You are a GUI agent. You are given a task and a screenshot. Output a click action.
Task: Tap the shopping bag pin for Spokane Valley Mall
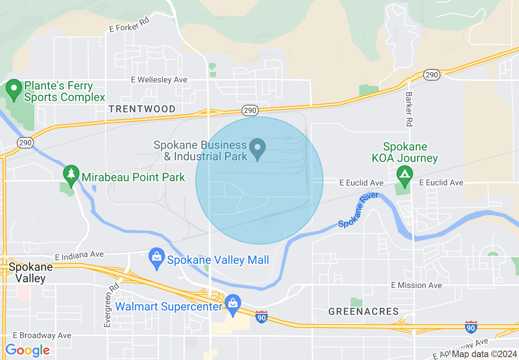pyautogui.click(x=156, y=258)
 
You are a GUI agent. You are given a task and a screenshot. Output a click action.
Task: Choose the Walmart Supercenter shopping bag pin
pyautogui.click(x=233, y=305)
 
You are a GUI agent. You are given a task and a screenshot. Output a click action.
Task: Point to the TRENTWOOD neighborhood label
pyautogui.click(x=142, y=109)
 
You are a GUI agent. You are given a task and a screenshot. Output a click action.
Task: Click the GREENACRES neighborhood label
pyautogui.click(x=363, y=311)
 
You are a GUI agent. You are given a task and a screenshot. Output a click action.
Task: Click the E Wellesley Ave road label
pyautogui.click(x=159, y=80)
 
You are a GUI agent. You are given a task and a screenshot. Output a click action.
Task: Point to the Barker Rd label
pyautogui.click(x=409, y=108)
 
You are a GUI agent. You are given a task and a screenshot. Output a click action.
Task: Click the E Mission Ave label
pyautogui.click(x=416, y=285)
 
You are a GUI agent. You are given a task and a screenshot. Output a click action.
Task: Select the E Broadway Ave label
pyautogui.click(x=42, y=335)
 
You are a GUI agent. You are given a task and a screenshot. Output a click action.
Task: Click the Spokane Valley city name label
pyautogui.click(x=31, y=273)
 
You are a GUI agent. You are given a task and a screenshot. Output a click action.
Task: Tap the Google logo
pyautogui.click(x=27, y=350)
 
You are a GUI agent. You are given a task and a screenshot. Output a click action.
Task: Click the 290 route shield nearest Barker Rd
pyautogui.click(x=431, y=74)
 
